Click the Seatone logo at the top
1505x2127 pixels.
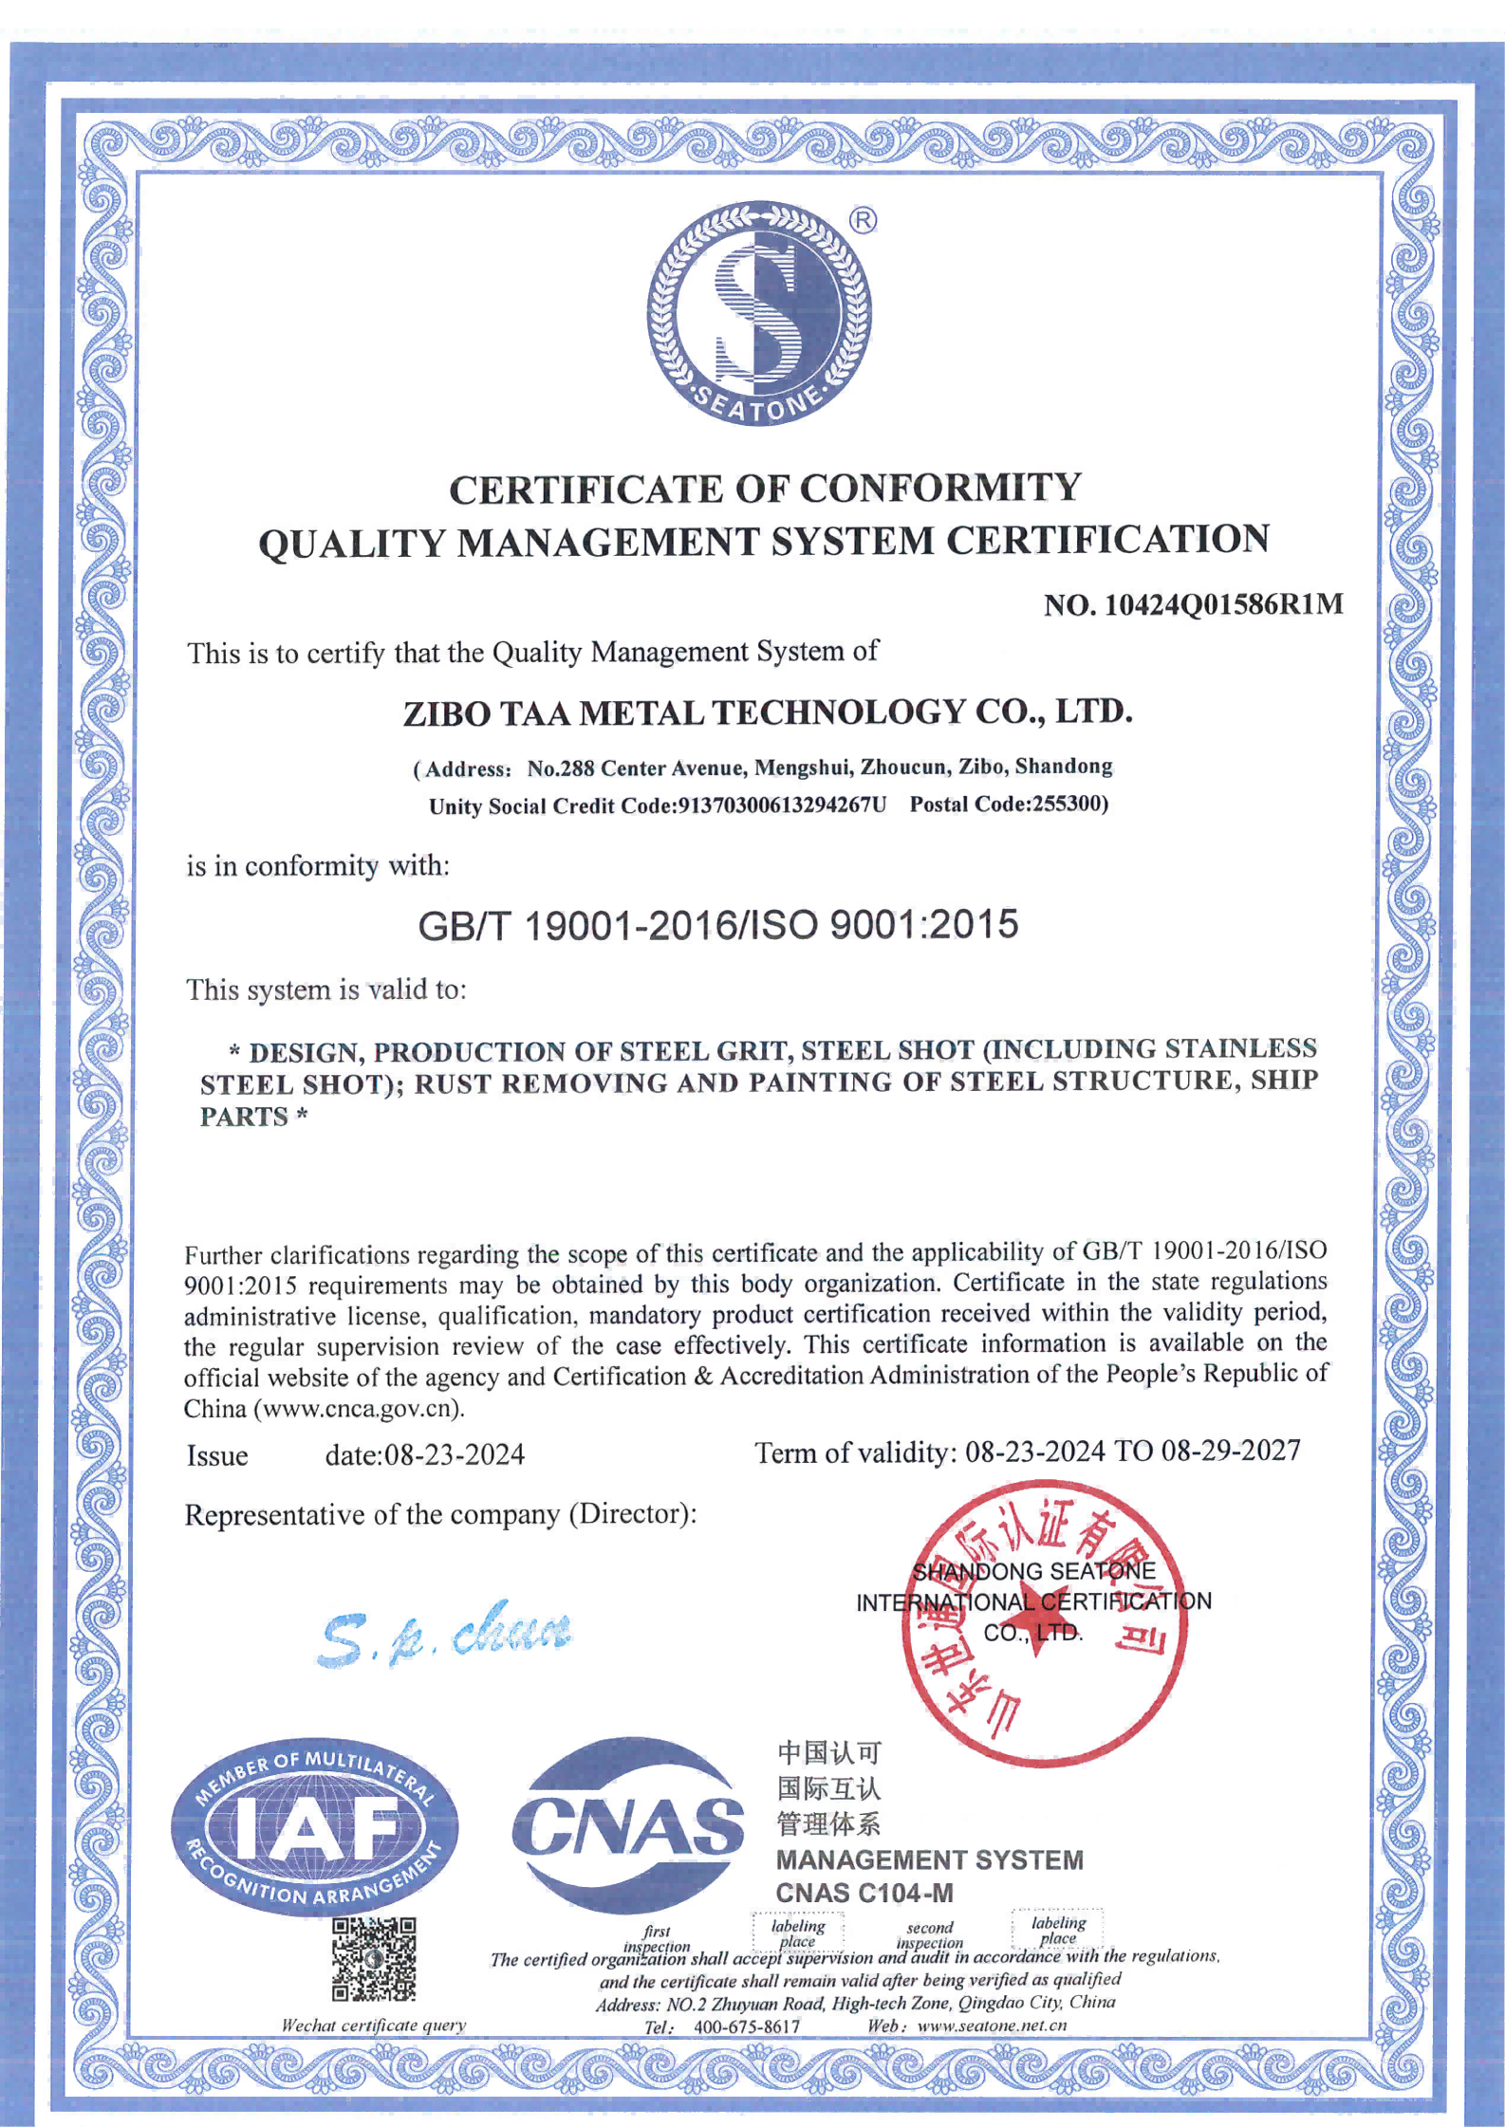[x=759, y=313]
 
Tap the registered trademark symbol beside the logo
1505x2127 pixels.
[x=863, y=221]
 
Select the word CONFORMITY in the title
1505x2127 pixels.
[x=939, y=489]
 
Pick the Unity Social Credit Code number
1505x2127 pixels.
[x=782, y=805]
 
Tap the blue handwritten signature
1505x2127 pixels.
[x=446, y=1634]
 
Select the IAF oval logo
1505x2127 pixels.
[x=314, y=1829]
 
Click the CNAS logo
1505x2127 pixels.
[x=628, y=1826]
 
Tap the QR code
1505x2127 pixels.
[x=374, y=1959]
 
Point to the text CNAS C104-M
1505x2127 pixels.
[x=864, y=1893]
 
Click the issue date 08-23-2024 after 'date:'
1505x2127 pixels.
[x=454, y=1454]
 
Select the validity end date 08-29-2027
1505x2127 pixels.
[x=1231, y=1451]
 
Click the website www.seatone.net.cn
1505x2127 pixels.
[x=992, y=2025]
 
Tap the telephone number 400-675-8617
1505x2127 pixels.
[x=747, y=2026]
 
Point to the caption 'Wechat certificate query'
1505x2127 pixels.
[x=374, y=2025]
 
